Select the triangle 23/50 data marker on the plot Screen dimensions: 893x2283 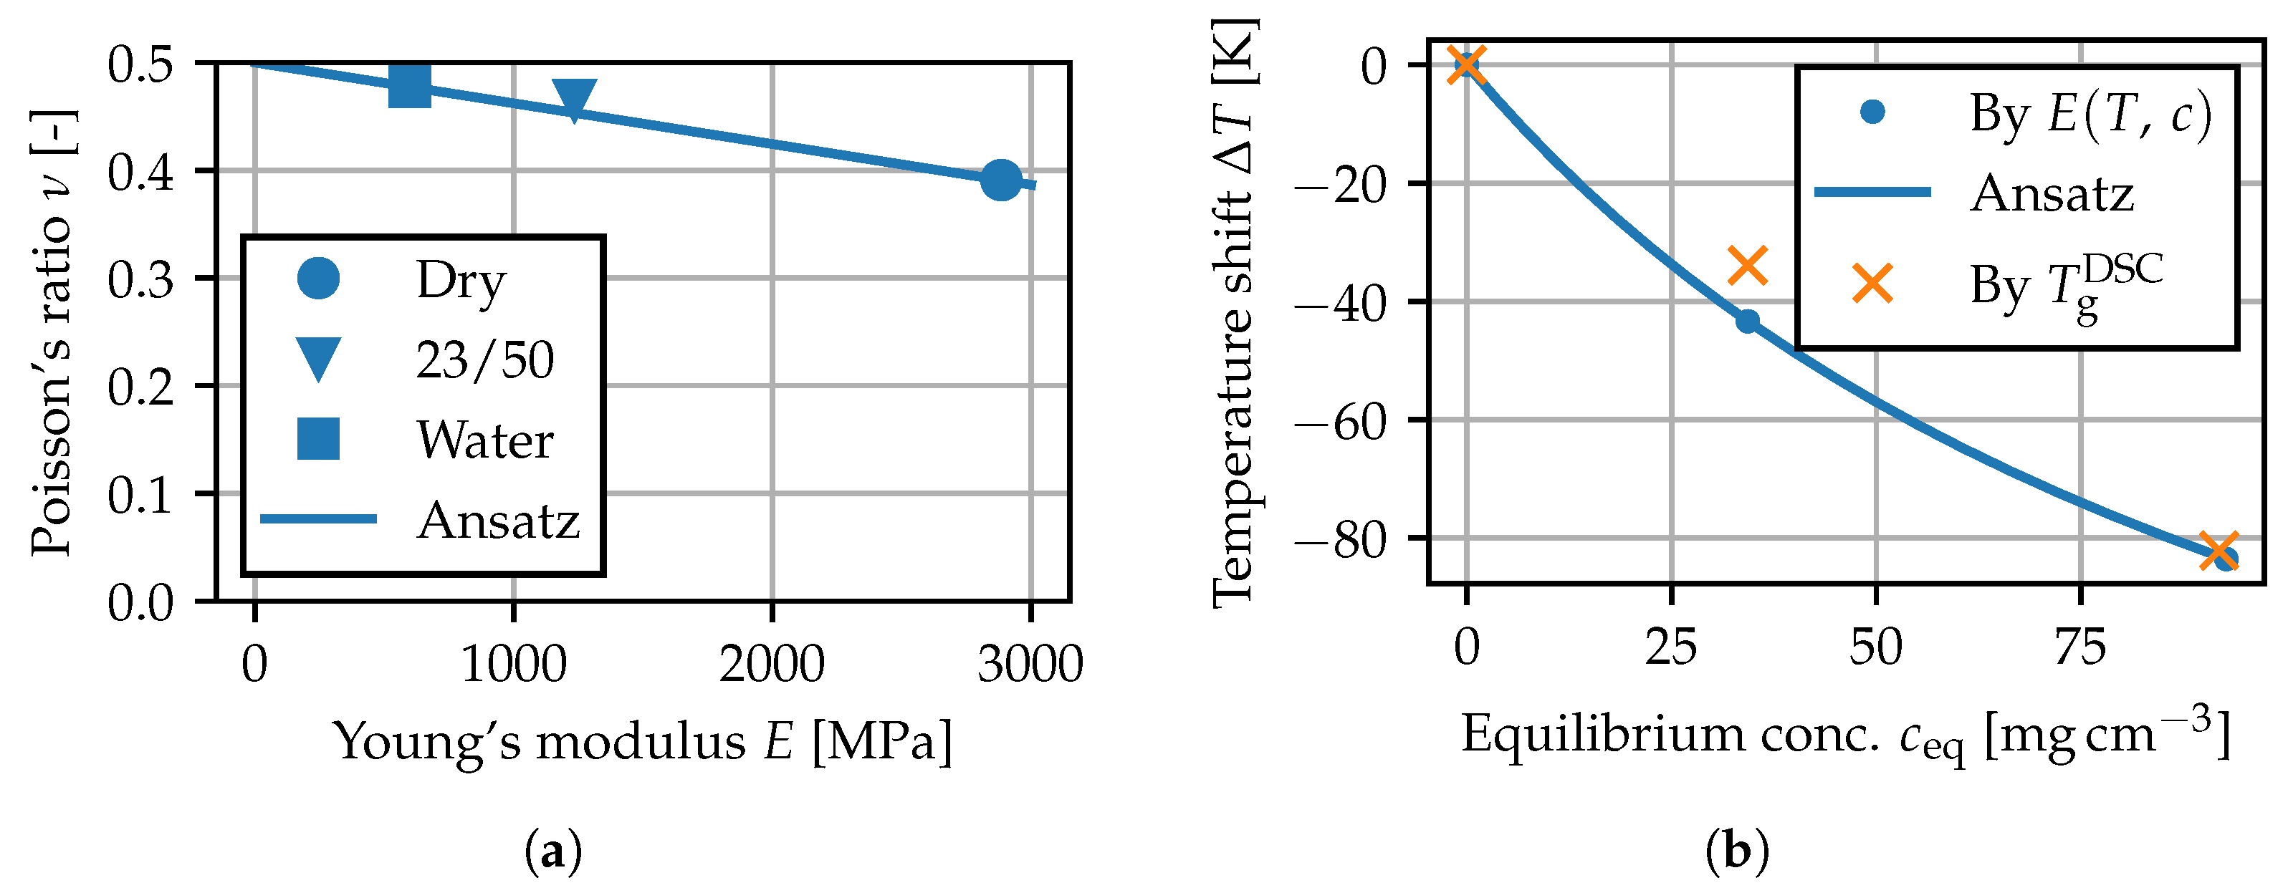click(574, 98)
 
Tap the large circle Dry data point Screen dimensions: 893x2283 click(1002, 180)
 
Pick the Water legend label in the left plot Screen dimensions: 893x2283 click(485, 440)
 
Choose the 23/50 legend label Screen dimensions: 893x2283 click(485, 359)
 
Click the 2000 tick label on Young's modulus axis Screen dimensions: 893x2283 click(771, 665)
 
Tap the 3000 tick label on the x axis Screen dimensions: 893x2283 click(1030, 665)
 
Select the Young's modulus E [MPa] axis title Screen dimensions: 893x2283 click(643, 740)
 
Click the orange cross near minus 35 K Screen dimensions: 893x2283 click(1748, 265)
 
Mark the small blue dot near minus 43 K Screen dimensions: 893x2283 click(1747, 321)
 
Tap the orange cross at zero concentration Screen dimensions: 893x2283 click(1467, 64)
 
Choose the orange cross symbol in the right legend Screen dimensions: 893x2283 click(1872, 284)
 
